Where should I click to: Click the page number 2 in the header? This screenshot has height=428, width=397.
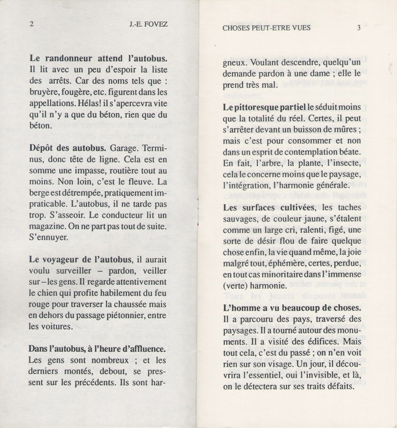31,24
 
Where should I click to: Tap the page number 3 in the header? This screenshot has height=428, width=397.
359,28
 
